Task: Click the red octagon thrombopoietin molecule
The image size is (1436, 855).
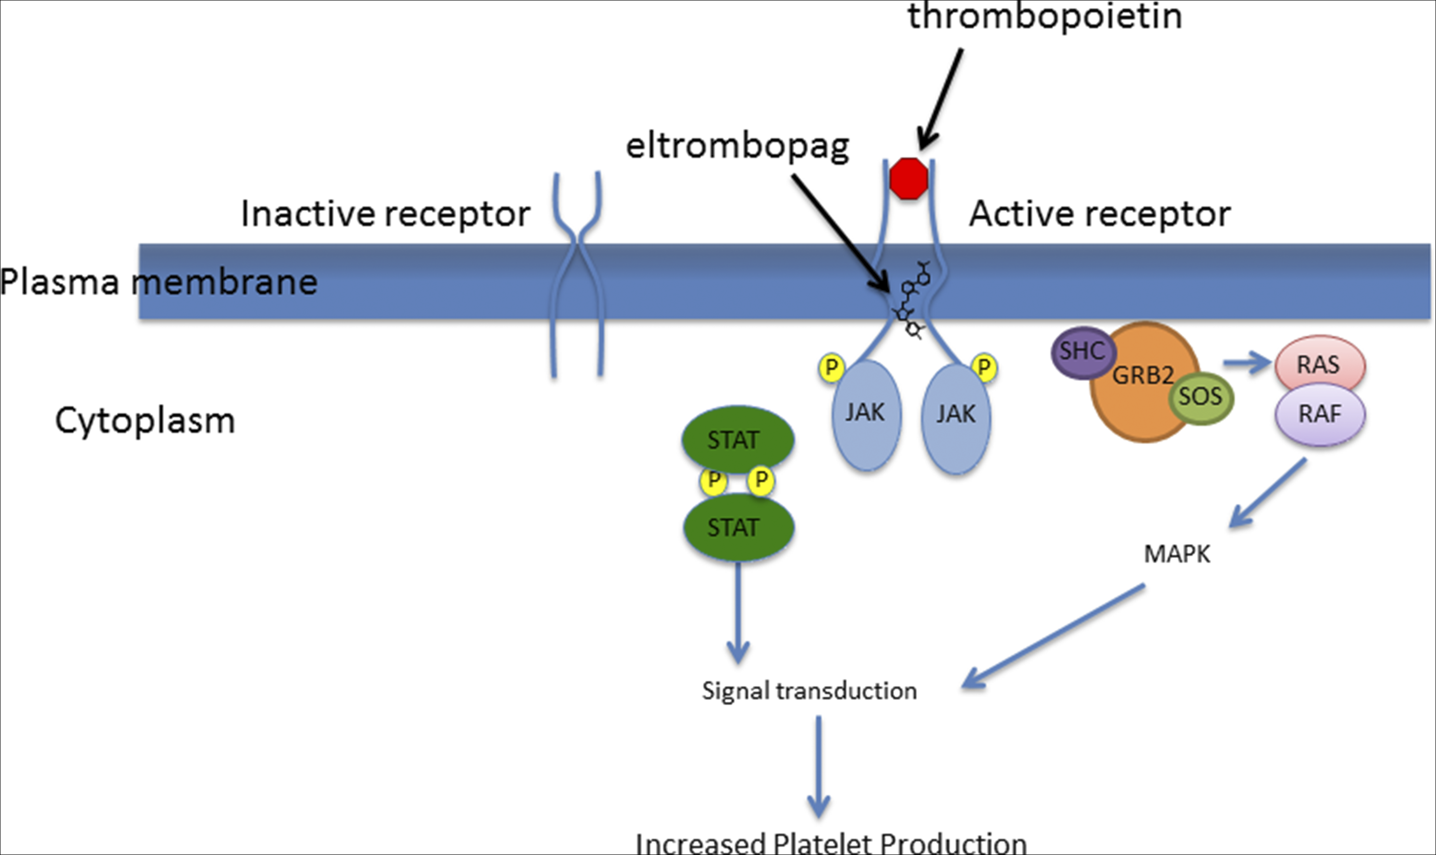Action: [x=908, y=179]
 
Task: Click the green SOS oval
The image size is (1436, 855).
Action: [x=1201, y=397]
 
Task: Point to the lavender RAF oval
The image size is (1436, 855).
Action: [x=1319, y=415]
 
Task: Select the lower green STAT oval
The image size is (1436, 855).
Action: [x=738, y=527]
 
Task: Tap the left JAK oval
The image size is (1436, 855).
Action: [x=866, y=415]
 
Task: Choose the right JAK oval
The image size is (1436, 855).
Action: [x=956, y=418]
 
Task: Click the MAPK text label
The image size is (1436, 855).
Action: [x=1177, y=554]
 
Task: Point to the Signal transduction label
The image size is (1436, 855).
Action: [x=809, y=691]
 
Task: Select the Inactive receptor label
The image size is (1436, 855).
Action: [x=385, y=214]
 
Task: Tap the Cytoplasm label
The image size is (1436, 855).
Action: [x=145, y=421]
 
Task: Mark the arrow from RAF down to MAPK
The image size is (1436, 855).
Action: [x=1267, y=493]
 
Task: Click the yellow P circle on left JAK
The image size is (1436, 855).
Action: [x=832, y=368]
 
